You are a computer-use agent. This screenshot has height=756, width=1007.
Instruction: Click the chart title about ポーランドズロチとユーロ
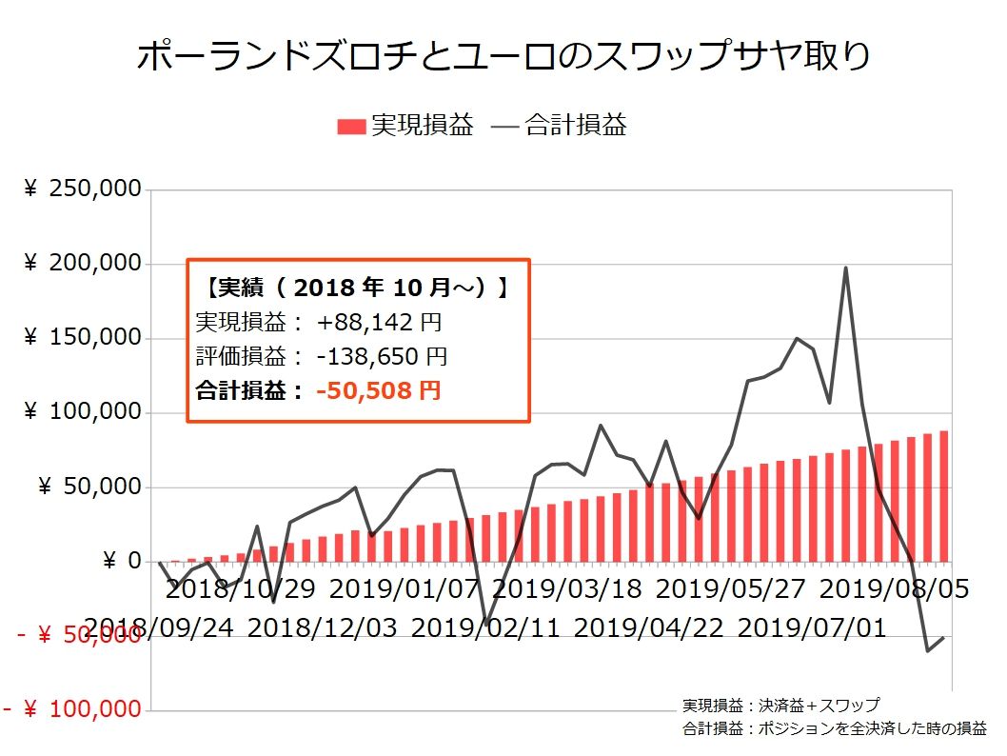point(503,56)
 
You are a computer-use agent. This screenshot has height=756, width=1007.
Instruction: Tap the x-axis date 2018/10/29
point(242,589)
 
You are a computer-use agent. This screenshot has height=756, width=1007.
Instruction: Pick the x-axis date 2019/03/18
point(567,589)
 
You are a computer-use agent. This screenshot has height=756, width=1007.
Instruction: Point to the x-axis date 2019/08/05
point(894,589)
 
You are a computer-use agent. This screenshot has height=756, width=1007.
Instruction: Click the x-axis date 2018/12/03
point(323,628)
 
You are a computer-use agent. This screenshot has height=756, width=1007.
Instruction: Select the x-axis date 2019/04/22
point(648,628)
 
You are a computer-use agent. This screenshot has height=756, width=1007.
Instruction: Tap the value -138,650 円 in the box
point(381,356)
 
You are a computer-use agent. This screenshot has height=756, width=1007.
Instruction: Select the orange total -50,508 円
point(378,390)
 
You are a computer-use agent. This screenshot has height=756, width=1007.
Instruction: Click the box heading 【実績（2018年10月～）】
point(357,288)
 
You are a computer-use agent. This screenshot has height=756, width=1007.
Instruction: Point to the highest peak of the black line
point(846,268)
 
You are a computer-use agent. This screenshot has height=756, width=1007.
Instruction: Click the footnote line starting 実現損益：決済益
point(780,706)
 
